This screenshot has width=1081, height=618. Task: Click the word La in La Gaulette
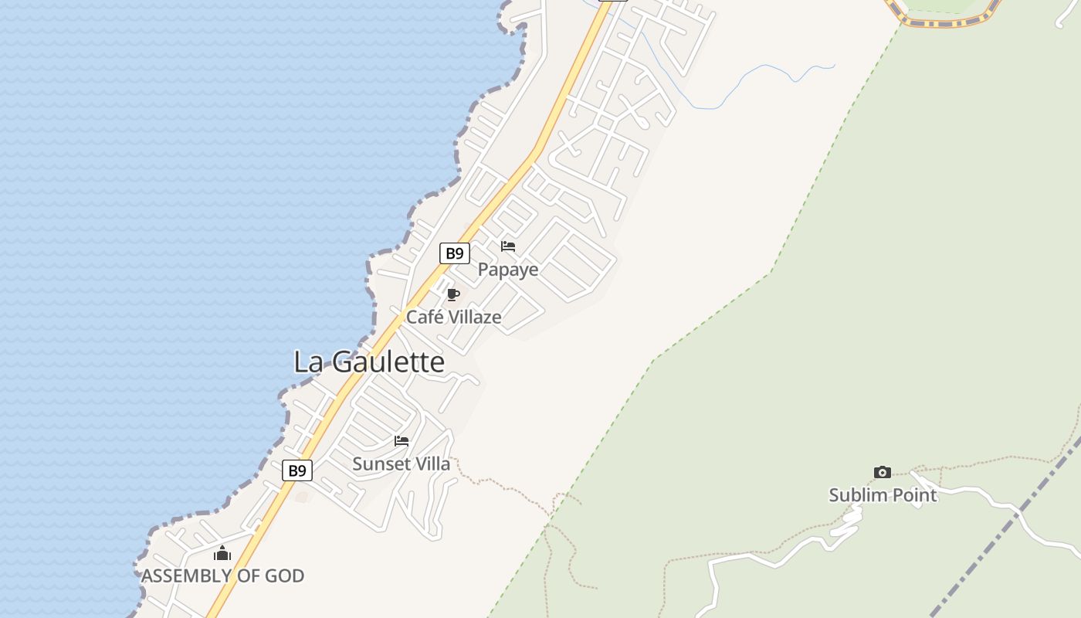(x=307, y=362)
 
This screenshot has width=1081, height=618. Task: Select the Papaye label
(x=508, y=270)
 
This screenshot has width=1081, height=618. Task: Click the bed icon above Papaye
(x=508, y=246)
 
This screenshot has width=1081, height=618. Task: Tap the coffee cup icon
(x=453, y=294)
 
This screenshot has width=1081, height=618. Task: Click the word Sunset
(x=379, y=463)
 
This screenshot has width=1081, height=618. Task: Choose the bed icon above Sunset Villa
(x=402, y=441)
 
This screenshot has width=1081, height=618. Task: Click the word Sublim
(x=856, y=495)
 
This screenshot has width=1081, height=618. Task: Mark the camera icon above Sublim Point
(x=883, y=472)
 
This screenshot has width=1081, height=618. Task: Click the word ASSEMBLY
(x=186, y=576)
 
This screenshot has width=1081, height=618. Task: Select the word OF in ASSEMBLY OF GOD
(x=248, y=576)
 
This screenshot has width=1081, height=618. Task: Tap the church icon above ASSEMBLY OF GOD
(x=222, y=553)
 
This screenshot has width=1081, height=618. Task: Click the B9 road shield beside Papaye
(x=455, y=253)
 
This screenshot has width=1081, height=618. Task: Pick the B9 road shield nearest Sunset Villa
(x=297, y=470)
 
